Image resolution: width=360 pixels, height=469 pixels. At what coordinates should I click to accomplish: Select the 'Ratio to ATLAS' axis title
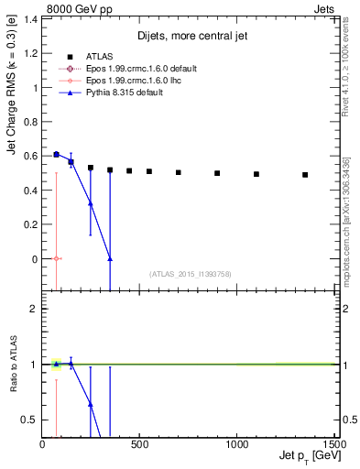(12, 366)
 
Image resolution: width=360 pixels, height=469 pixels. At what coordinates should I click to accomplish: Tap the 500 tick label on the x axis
(139, 444)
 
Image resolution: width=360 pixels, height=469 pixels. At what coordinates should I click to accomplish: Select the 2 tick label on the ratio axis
(34, 309)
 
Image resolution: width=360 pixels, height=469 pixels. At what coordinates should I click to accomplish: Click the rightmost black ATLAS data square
(305, 175)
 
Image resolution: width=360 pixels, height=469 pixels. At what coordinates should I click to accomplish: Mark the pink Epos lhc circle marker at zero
(57, 259)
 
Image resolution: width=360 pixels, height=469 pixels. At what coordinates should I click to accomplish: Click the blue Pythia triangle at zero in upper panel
(110, 258)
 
